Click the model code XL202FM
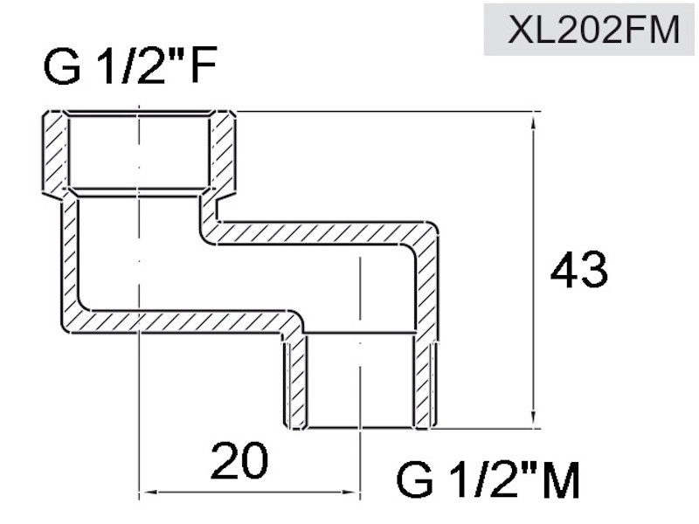point(594,30)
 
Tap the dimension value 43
point(578,270)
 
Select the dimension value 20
point(239,460)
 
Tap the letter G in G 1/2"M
point(414,479)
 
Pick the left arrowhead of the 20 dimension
point(149,492)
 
